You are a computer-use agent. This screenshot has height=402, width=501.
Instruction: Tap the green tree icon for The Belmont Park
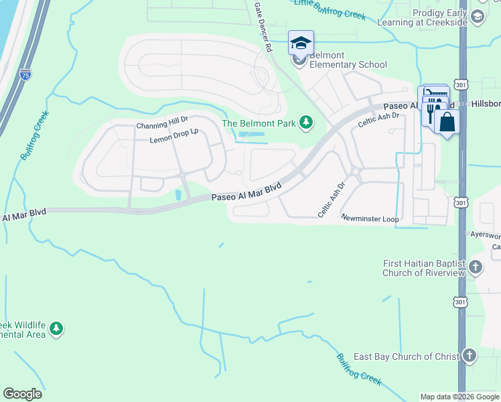click(306, 122)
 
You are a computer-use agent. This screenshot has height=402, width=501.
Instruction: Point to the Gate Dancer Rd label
click(262, 27)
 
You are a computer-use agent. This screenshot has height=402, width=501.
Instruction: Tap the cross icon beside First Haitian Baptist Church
click(475, 268)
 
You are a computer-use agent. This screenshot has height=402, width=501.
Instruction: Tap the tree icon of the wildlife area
click(57, 328)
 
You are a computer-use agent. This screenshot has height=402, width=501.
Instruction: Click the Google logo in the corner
click(22, 394)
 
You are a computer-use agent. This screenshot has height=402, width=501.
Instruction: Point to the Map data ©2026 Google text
click(459, 397)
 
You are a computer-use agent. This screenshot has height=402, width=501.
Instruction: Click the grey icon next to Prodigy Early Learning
click(478, 18)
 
